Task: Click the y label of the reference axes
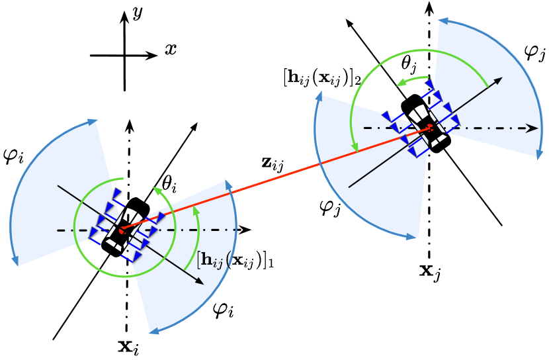tap(138, 13)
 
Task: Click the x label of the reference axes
tap(170, 49)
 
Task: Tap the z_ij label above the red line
tap(272, 163)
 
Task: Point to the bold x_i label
tap(128, 345)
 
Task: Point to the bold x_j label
tap(430, 271)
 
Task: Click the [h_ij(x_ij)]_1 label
tap(235, 260)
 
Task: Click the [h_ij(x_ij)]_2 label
tap(321, 77)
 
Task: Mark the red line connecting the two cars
tap(278, 178)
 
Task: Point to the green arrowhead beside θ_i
tap(159, 190)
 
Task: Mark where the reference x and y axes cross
tap(124, 56)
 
